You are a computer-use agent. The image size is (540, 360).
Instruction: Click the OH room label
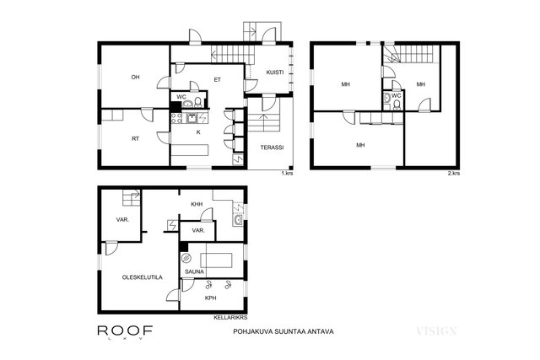135,78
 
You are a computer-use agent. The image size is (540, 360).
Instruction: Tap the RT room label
135,139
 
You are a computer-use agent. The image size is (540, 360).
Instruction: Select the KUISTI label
275,73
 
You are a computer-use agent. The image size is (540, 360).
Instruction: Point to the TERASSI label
272,148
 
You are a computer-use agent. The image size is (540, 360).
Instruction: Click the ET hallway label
218,80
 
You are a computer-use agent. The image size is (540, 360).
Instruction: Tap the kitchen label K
198,132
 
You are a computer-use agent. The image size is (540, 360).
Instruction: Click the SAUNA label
195,271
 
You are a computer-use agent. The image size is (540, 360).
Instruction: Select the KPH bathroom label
211,298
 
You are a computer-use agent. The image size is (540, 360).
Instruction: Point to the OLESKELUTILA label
143,277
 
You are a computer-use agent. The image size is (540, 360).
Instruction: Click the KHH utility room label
197,204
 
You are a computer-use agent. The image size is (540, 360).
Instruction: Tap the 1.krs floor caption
287,173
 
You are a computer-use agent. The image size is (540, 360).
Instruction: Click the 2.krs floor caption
454,173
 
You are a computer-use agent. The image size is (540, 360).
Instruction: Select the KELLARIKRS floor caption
230,318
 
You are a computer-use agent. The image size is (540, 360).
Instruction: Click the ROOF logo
126,331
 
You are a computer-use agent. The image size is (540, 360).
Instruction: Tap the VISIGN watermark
437,331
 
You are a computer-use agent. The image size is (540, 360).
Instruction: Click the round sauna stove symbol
186,257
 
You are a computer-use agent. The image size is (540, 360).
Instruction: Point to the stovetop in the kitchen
176,118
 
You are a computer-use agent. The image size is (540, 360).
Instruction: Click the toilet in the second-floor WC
397,105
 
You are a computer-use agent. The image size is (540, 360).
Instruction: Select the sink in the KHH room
238,220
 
